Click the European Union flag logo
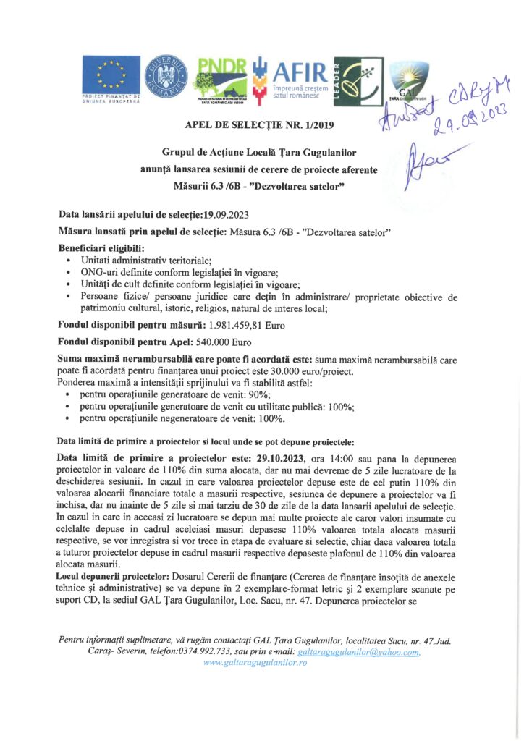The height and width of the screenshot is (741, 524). coord(111,75)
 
